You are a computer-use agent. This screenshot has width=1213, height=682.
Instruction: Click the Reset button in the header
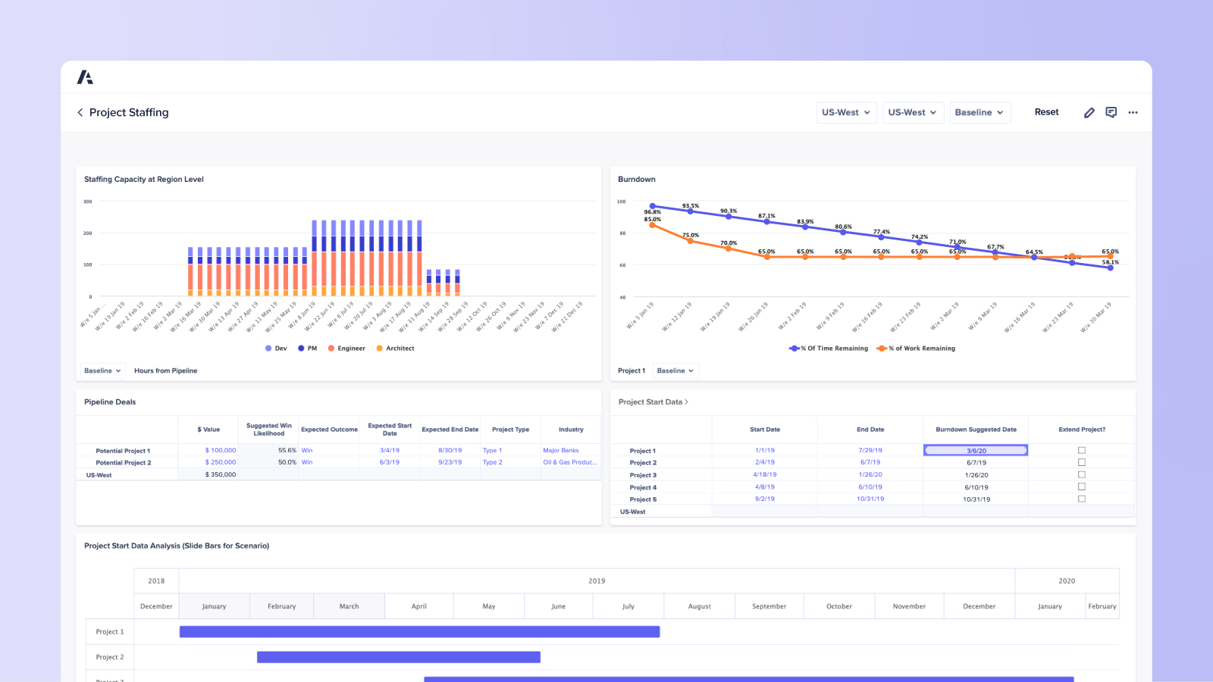coord(1046,112)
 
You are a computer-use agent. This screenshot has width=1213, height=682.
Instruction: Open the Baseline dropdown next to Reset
coord(979,112)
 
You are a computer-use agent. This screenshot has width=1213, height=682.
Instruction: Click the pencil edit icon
coord(1089,112)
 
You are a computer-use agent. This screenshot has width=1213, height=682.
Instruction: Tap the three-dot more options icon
coord(1133,112)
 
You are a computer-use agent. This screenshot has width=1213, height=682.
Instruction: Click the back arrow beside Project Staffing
coord(80,112)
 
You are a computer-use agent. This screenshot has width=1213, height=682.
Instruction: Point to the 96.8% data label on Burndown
coord(652,212)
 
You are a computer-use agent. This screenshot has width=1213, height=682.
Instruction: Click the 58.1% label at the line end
coord(1110,262)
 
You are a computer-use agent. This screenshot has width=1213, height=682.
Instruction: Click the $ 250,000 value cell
coord(221,462)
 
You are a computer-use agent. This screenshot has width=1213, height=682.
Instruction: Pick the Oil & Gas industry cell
coord(569,462)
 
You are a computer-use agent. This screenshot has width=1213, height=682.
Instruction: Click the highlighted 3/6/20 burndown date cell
coord(976,450)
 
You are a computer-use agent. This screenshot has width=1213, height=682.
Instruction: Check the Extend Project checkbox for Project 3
coord(1082,474)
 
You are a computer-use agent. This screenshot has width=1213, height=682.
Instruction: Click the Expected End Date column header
coord(450,430)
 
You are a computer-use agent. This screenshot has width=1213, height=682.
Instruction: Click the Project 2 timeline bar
coord(398,657)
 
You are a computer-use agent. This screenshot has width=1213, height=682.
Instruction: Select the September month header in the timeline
coord(769,606)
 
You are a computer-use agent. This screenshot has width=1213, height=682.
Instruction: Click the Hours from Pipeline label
coord(165,371)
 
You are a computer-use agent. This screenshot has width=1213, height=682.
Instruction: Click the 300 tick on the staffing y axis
coord(88,202)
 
